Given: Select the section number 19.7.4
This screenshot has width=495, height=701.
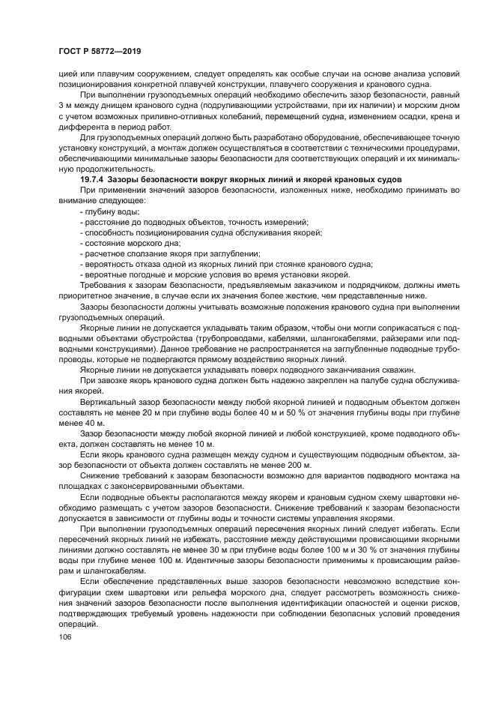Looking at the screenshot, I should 91,181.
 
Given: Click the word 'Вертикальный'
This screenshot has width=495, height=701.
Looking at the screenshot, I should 109,402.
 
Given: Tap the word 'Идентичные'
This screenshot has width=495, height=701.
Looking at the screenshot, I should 225,559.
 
